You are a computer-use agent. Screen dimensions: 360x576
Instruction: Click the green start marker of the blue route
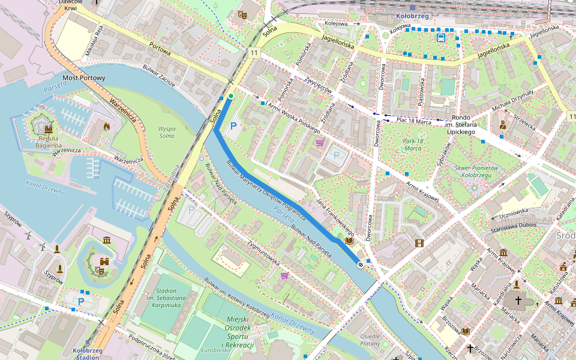click(230, 96)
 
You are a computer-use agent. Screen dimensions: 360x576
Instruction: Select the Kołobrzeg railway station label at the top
click(413, 16)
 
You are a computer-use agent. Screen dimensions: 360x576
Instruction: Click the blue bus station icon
click(441, 38)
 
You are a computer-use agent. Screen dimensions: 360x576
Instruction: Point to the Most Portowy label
click(84, 78)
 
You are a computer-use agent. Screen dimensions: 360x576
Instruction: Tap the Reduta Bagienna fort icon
click(48, 128)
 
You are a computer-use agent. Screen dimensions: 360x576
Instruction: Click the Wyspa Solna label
click(166, 132)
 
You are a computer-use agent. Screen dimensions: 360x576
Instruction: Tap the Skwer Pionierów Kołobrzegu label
click(478, 171)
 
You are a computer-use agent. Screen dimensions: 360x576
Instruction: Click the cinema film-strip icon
click(419, 243)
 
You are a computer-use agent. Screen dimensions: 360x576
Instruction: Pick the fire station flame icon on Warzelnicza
click(107, 127)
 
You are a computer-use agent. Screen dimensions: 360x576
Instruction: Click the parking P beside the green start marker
click(233, 126)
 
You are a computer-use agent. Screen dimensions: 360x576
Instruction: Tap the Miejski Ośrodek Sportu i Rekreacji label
click(238, 333)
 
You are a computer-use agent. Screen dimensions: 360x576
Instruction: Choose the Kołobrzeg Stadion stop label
click(86, 353)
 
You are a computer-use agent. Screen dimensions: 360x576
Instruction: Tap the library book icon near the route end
click(349, 241)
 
